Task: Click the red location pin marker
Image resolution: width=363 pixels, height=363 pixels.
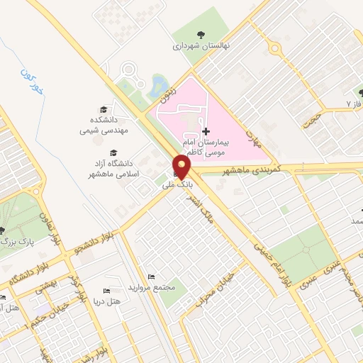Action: [182, 168]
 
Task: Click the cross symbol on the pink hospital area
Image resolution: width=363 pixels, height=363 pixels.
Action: [206, 131]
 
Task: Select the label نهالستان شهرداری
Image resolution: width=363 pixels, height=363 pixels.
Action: [199, 46]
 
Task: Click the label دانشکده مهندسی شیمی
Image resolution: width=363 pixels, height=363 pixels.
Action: [104, 125]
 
